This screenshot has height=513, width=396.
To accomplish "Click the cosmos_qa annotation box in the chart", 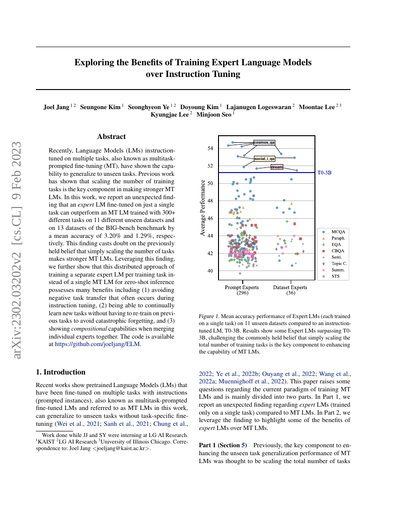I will [264, 142].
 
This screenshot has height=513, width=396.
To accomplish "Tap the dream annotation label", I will [277, 166].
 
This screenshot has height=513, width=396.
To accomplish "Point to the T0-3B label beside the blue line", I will [324, 173].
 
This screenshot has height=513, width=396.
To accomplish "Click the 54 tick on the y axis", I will [210, 148].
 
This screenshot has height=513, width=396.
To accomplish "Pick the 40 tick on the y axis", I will [210, 271].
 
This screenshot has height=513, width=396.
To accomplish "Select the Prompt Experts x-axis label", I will [242, 287].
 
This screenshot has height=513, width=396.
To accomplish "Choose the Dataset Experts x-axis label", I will [291, 287].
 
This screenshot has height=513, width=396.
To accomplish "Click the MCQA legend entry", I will [338, 231].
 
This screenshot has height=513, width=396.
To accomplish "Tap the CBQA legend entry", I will [338, 250].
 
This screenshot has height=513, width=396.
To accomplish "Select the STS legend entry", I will [335, 276].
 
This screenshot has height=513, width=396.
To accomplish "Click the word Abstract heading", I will [111, 137].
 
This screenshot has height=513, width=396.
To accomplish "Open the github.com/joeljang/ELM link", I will [97, 344].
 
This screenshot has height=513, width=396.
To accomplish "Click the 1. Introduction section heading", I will [61, 372].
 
